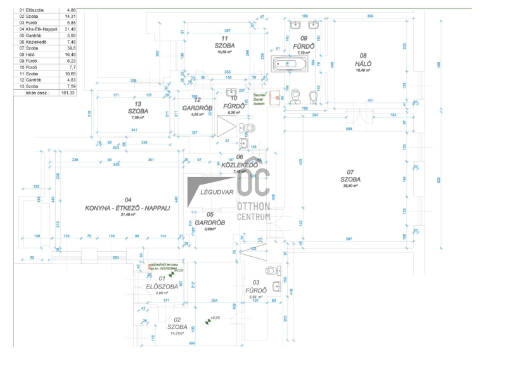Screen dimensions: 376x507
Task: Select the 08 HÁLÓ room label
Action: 363,63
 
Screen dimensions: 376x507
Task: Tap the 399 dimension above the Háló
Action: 369,15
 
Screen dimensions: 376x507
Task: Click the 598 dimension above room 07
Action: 349,129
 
